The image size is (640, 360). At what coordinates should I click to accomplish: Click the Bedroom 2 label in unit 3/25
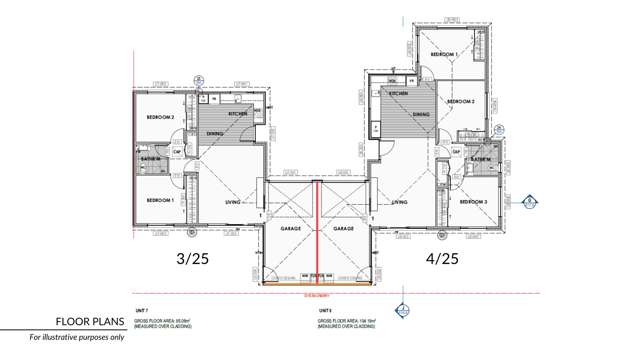click(x=160, y=117)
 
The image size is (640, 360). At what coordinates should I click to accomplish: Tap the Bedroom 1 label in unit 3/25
click(x=160, y=200)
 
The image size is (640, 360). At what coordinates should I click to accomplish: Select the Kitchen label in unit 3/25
click(x=238, y=114)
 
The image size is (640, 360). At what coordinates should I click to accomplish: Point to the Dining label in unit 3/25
click(x=215, y=133)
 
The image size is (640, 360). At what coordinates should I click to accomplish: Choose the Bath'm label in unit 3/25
click(x=150, y=159)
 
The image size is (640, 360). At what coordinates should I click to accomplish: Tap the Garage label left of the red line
click(x=290, y=229)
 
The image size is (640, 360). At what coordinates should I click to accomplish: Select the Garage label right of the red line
click(x=344, y=229)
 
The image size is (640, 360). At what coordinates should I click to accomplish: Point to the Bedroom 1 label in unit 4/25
click(x=444, y=54)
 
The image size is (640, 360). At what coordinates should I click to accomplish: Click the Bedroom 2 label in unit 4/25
click(x=459, y=101)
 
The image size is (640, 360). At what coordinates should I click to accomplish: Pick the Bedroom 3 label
click(x=472, y=202)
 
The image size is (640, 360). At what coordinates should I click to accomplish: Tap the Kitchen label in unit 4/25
click(x=398, y=93)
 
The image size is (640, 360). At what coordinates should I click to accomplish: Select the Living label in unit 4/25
click(x=399, y=202)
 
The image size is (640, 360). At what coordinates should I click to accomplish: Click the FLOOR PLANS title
click(x=89, y=322)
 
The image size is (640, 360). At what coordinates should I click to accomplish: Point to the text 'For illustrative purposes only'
click(x=76, y=338)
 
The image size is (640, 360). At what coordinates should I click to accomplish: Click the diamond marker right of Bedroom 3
click(x=529, y=201)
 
